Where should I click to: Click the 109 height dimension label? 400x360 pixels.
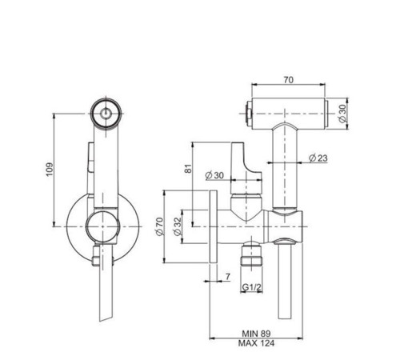pyautogui.click(x=50, y=170)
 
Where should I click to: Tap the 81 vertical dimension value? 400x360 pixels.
pyautogui.click(x=189, y=169)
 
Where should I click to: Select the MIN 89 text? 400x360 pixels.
pyautogui.click(x=256, y=334)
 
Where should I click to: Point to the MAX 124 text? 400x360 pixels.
pyautogui.click(x=256, y=343)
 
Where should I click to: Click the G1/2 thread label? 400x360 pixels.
pyautogui.click(x=252, y=287)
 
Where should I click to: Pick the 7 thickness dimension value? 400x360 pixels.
pyautogui.click(x=227, y=277)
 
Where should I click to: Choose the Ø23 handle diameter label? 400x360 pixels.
pyautogui.click(x=318, y=158)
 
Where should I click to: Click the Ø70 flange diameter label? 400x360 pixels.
pyautogui.click(x=159, y=226)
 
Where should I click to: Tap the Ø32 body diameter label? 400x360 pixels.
pyautogui.click(x=178, y=226)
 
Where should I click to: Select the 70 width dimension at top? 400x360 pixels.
pyautogui.click(x=289, y=79)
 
